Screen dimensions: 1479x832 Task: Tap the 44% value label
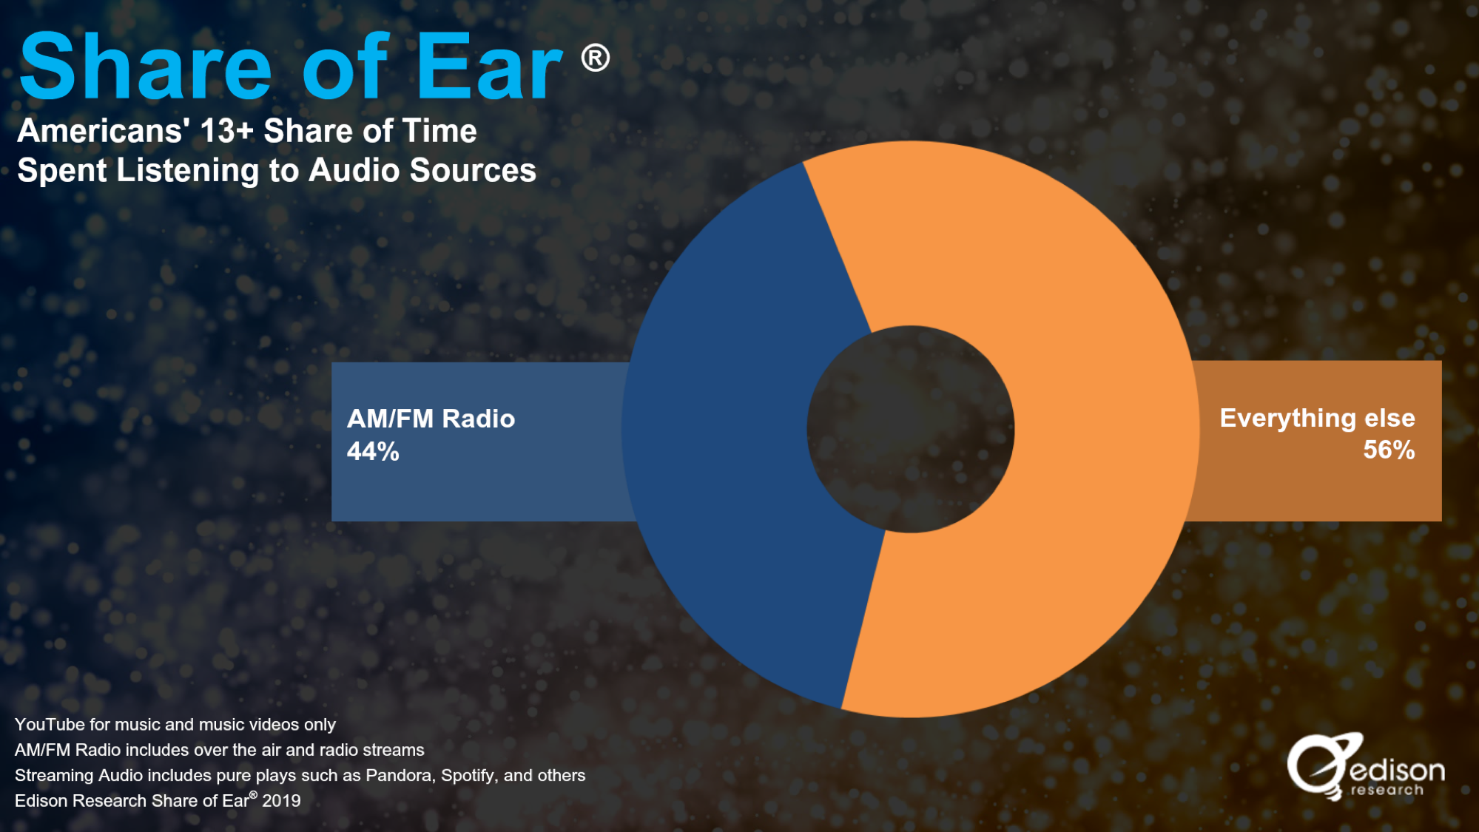(373, 451)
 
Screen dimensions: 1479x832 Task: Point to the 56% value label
(1389, 450)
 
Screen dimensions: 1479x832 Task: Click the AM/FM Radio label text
(431, 419)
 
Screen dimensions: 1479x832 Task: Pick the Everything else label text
(1317, 419)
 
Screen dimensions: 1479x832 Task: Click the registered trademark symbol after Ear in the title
(596, 58)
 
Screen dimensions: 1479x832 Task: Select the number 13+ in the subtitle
(226, 131)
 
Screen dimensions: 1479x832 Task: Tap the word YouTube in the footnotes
(50, 725)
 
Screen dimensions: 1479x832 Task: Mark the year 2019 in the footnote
(281, 801)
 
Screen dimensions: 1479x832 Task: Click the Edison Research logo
(1366, 767)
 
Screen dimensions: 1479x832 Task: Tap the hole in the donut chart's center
(911, 429)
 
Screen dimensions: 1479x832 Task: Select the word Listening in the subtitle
(188, 171)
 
